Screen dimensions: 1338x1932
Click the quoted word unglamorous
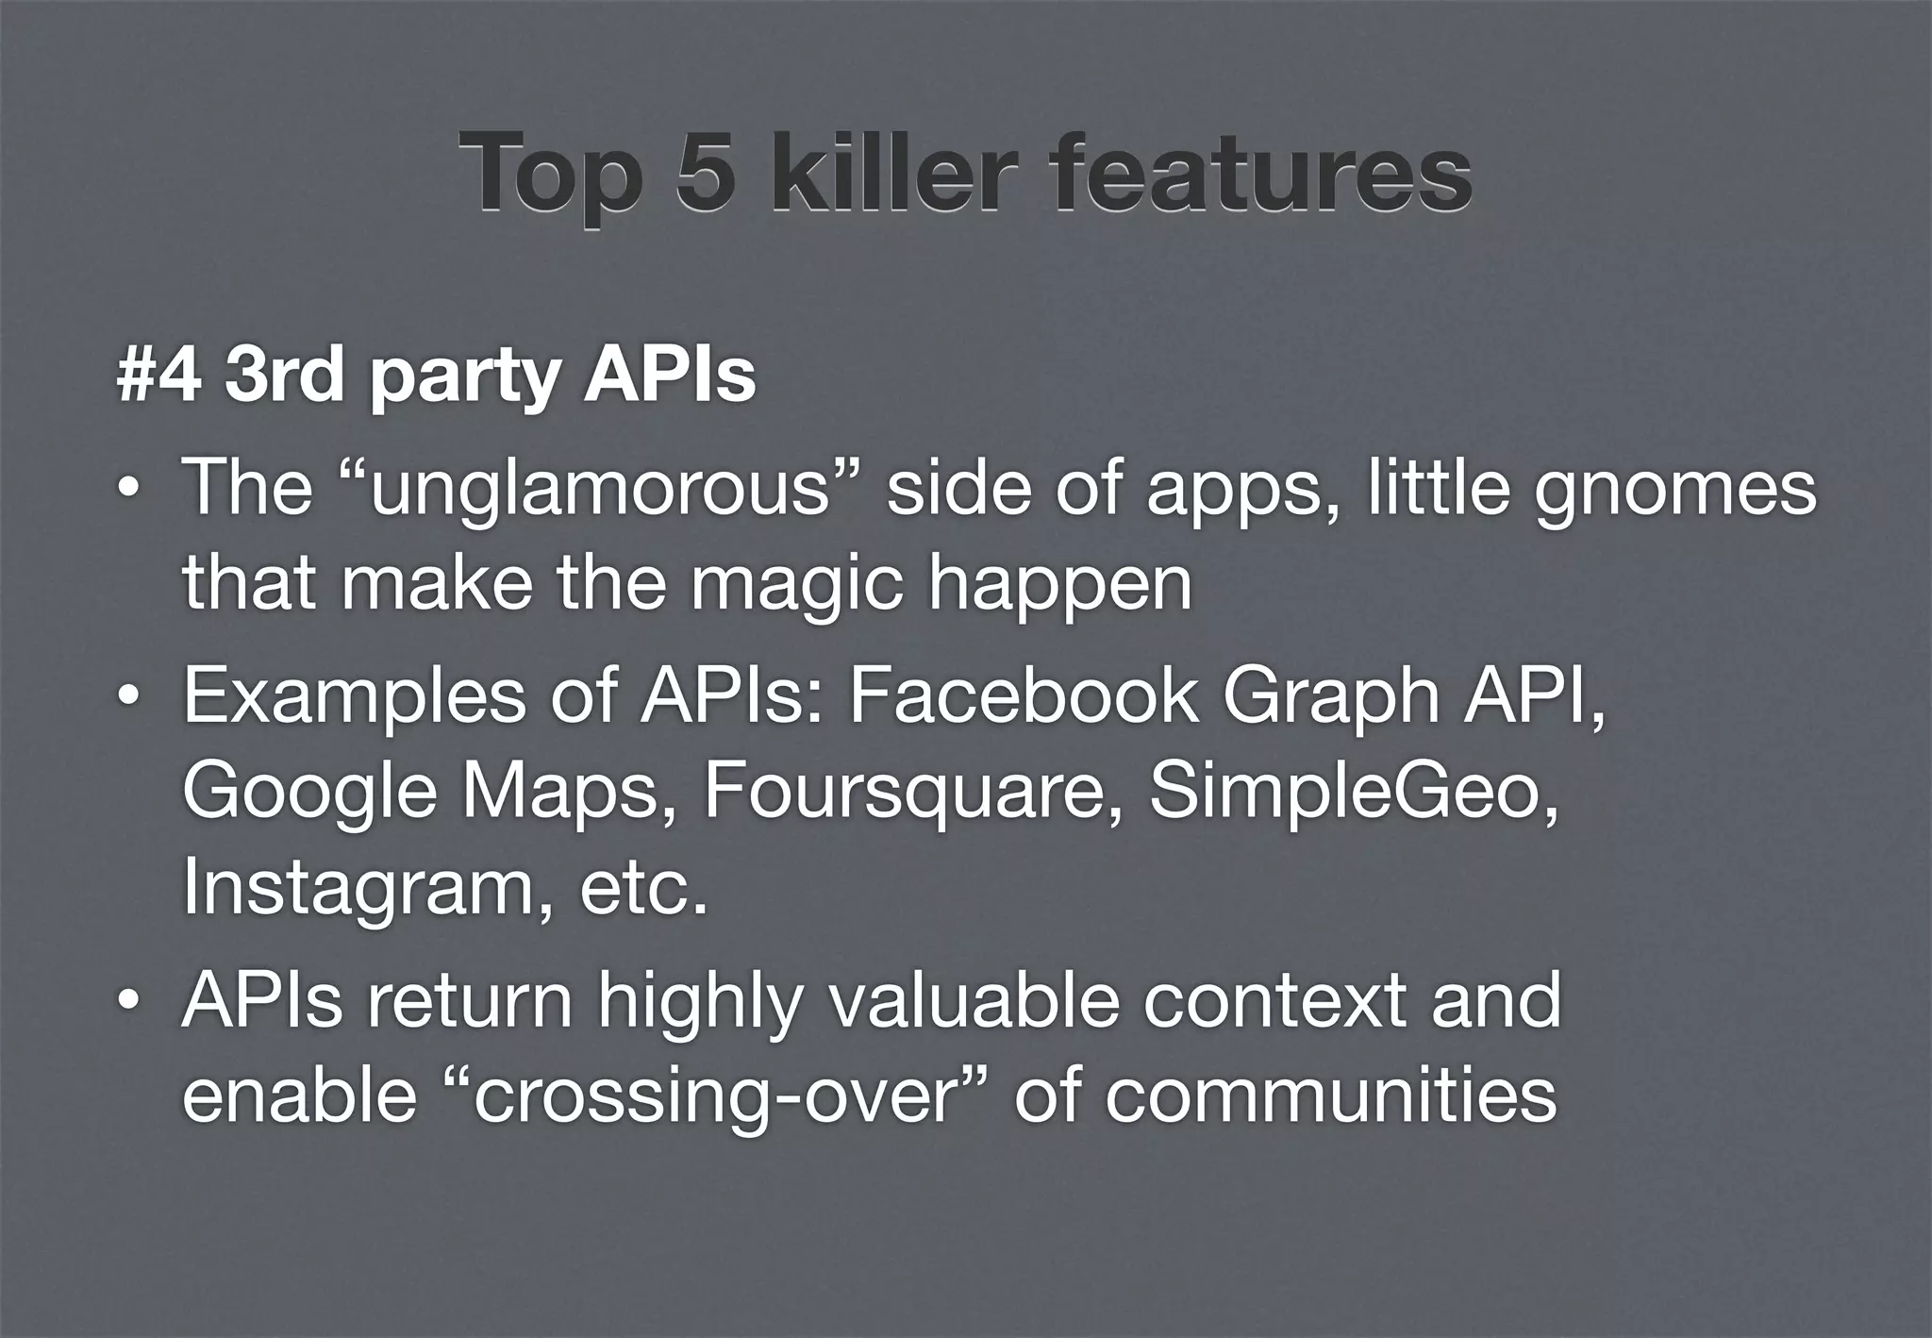(x=599, y=491)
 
